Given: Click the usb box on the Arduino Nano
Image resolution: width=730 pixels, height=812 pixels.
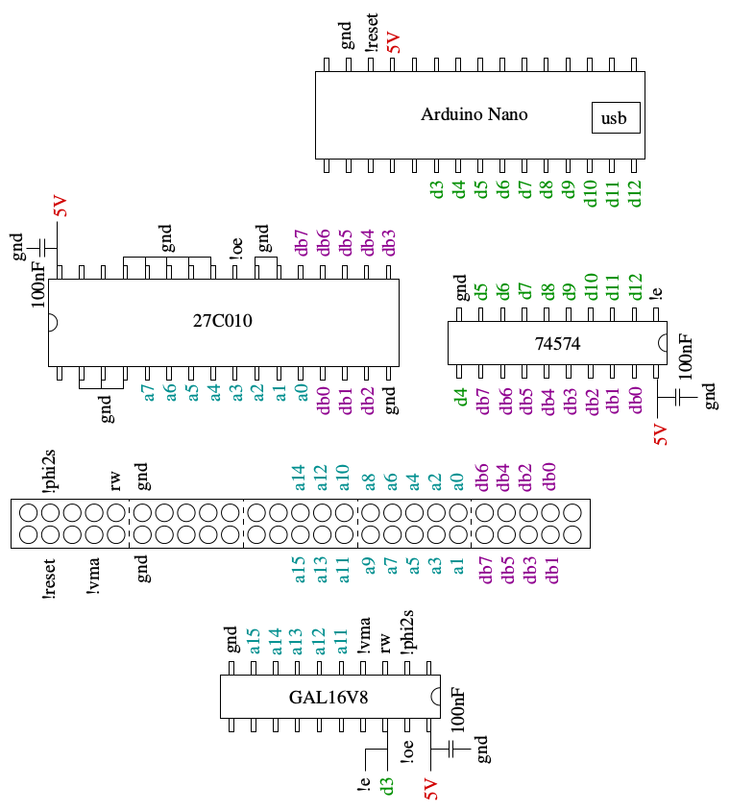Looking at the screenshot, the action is tap(616, 117).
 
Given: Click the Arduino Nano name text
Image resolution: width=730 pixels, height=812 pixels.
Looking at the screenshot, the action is tap(474, 114).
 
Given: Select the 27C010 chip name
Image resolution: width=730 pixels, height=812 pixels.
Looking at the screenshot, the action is tap(223, 321).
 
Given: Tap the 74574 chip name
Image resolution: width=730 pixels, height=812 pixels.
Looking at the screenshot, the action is tap(557, 343).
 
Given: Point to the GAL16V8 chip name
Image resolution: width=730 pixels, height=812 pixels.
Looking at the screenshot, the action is tap(328, 697).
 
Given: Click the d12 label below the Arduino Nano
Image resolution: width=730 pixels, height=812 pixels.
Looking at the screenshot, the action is tap(634, 193).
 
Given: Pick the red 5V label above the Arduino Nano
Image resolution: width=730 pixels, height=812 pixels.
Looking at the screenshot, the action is tap(394, 42).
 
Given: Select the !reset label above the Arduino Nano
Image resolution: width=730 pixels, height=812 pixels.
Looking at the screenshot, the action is tap(371, 33).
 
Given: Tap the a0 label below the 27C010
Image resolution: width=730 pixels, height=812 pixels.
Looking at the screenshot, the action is tap(302, 392).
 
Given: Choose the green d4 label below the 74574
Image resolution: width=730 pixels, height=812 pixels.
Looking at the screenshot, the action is tap(460, 397).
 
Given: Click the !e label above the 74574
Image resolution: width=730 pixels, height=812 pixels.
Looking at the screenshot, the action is tap(656, 293).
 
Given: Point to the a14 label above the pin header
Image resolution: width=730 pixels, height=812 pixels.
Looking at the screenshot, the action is tap(299, 478).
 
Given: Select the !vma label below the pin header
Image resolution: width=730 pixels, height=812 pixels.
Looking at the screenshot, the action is tap(93, 576).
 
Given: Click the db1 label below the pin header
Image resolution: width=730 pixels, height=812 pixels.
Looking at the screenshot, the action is tap(552, 570).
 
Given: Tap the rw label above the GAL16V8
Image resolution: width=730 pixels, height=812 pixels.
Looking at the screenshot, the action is tap(384, 642).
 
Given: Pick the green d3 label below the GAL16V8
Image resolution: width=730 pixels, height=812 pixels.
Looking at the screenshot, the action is tap(386, 786).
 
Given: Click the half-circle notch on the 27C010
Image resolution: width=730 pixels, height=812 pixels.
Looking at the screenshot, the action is tap(53, 322).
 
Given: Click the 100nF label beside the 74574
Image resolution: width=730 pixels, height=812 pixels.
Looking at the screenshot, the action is tap(685, 357).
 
